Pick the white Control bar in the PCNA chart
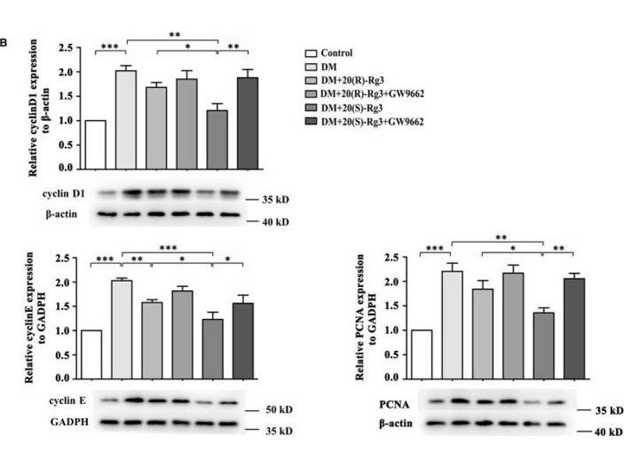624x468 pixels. (x=422, y=353)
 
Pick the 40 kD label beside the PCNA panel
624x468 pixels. (x=605, y=430)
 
